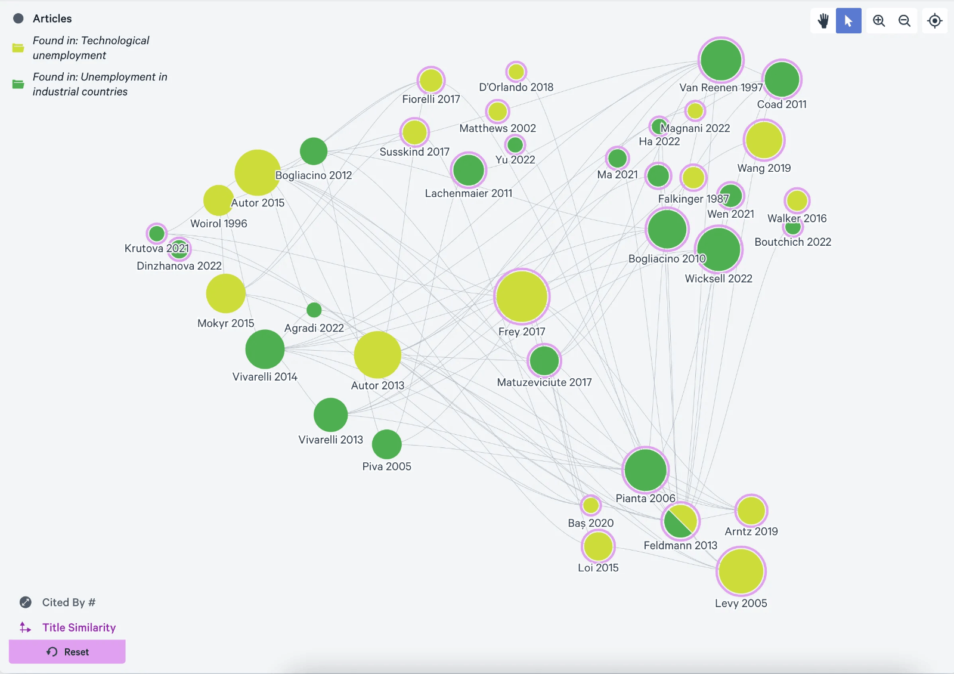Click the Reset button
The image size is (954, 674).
pos(67,652)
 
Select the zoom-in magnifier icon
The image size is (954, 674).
pos(879,21)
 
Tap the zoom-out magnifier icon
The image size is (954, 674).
pos(905,21)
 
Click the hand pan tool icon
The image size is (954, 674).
pos(823,21)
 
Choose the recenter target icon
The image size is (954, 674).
pos(934,21)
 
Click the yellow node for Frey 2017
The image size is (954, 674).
pos(522,296)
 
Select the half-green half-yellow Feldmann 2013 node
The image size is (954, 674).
pos(680,521)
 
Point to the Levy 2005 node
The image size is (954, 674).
pos(741,571)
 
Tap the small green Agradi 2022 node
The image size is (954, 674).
pos(314,310)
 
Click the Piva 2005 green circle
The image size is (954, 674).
pos(387,444)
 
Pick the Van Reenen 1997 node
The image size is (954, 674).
pos(721,60)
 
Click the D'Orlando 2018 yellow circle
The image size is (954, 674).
pos(516,72)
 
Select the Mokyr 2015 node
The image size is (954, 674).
pos(226,293)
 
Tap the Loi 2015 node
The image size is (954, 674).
pos(598,546)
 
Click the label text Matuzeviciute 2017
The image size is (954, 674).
pos(544,382)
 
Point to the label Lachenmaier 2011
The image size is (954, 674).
pos(469,193)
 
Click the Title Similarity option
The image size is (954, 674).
pos(79,627)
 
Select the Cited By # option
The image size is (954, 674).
pos(69,602)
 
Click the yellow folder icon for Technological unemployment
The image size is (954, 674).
pos(18,48)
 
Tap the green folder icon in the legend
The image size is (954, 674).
pos(18,84)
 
